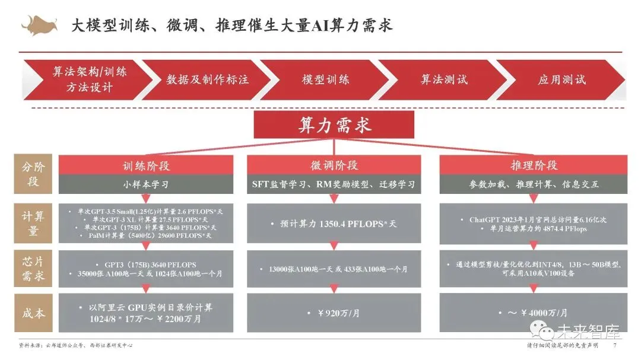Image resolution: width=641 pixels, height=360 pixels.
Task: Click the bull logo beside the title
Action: [39, 24]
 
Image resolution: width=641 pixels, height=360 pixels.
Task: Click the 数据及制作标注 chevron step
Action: [207, 79]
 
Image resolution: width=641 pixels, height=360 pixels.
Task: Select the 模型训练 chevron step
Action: [325, 79]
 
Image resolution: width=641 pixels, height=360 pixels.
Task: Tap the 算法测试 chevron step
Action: [444, 79]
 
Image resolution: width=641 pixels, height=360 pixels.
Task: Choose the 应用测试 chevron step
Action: [561, 79]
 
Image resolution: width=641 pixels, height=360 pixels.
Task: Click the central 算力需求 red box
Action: [334, 126]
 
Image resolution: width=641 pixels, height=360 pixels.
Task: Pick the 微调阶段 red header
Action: [334, 165]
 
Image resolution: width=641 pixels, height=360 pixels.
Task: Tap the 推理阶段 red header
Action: [534, 165]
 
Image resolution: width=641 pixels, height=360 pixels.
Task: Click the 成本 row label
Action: [31, 313]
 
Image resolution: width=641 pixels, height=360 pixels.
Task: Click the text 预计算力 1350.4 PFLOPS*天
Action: [334, 224]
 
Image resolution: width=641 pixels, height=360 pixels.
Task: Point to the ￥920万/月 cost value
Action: [334, 313]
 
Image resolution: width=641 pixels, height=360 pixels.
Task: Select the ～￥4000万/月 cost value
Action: [534, 313]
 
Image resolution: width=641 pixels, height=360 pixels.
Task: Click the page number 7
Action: [615, 346]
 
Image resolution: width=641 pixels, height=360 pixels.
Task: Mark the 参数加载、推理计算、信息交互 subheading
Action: [534, 184]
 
